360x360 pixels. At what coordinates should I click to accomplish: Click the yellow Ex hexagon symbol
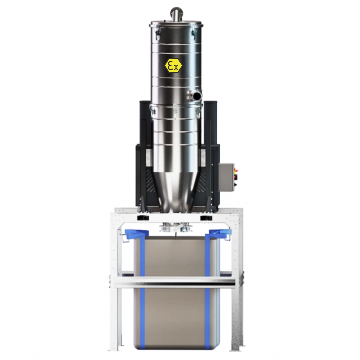click(x=173, y=66)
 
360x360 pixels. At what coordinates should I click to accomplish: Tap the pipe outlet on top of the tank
click(x=176, y=14)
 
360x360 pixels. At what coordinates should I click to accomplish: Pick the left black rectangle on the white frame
click(x=143, y=218)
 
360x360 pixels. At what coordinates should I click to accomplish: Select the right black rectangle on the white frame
click(x=206, y=218)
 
